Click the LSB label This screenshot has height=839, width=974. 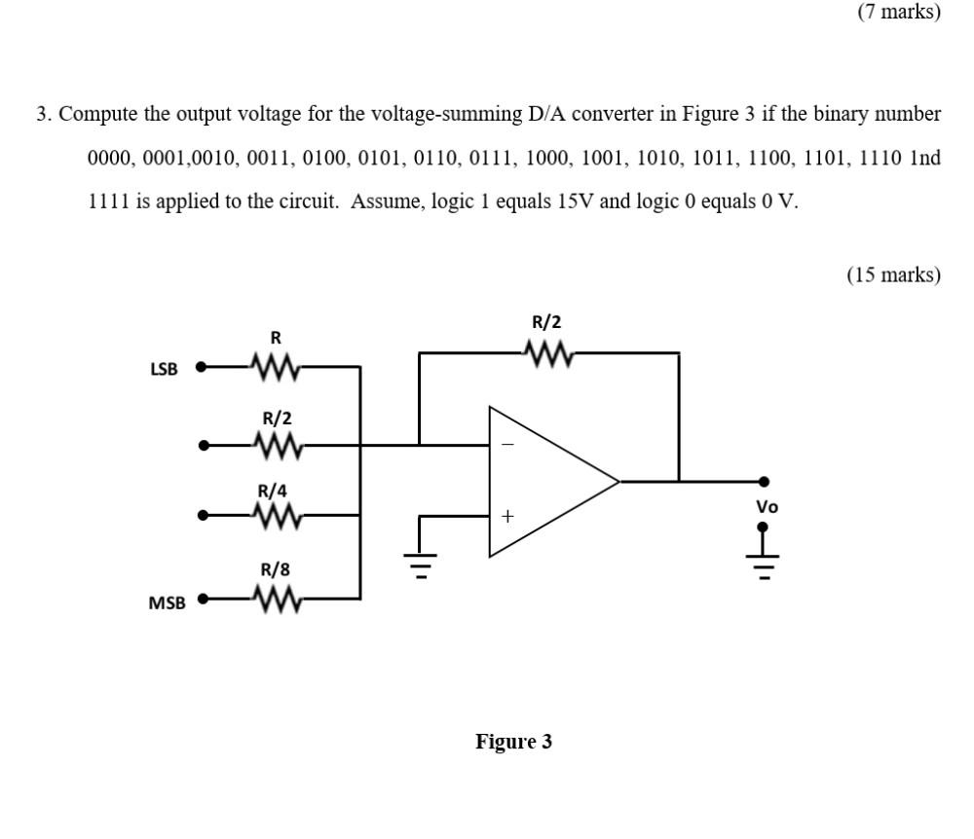(x=164, y=370)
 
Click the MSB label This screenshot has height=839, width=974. (x=167, y=603)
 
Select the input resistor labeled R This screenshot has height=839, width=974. (x=276, y=368)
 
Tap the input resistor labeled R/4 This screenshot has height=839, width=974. (x=276, y=515)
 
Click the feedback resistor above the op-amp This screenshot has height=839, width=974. (x=546, y=352)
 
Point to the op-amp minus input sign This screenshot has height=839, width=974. (x=506, y=446)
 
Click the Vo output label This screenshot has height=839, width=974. (x=768, y=507)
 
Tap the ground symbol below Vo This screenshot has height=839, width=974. (x=764, y=565)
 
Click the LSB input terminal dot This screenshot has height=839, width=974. (x=201, y=368)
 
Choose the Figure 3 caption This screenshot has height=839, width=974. (x=513, y=742)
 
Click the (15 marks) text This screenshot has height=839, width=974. (x=893, y=274)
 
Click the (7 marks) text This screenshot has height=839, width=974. (x=899, y=12)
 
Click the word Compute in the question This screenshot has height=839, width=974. (x=99, y=114)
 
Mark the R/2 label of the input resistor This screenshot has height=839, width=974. (x=276, y=419)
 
